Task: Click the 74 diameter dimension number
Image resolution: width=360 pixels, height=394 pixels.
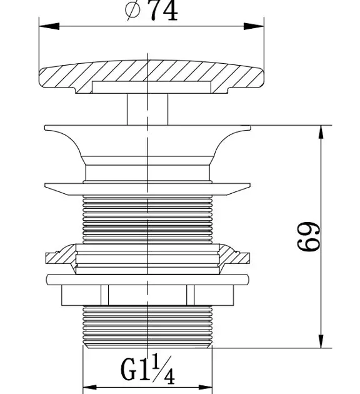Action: point(164,11)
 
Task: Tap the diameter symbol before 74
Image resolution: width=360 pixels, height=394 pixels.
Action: point(132,9)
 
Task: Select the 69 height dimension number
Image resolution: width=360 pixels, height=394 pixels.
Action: point(309,236)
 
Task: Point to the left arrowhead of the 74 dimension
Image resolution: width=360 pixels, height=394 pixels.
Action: point(49,26)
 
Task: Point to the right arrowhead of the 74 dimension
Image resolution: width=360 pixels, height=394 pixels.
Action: point(254,26)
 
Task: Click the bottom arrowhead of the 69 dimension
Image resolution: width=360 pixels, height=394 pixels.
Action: point(321,341)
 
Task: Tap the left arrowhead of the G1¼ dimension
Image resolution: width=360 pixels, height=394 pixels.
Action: point(89,387)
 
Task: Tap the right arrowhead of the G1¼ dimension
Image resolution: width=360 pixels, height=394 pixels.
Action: point(206,387)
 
